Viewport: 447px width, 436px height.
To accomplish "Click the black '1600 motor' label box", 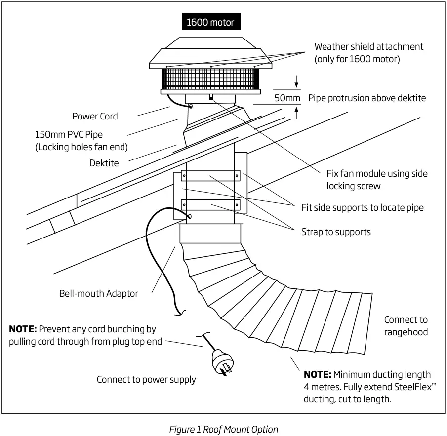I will tap(210, 22).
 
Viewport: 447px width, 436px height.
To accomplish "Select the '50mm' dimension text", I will tap(287, 98).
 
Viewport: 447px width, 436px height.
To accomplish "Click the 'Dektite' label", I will tap(104, 163).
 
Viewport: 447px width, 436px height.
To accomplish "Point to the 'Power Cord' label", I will tap(95, 116).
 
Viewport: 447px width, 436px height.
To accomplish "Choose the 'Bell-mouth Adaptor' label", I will tap(99, 293).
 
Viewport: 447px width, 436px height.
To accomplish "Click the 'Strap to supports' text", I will tap(336, 232).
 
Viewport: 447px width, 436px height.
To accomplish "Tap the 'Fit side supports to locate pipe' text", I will tap(362, 207).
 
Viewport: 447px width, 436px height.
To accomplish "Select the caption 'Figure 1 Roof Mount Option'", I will tap(223, 429).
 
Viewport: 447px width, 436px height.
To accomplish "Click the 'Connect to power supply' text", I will tap(146, 379).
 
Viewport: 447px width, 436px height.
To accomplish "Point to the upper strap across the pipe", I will tap(210, 175).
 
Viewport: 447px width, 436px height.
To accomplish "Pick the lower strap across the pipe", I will tap(210, 204).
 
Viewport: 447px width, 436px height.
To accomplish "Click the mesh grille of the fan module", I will tap(210, 79).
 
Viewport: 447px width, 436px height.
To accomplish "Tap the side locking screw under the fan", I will tap(210, 97).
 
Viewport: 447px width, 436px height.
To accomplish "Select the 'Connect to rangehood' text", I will tap(406, 326).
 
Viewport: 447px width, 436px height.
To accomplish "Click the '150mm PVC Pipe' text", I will tap(69, 134).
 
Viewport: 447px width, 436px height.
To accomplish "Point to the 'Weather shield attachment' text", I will tap(368, 47).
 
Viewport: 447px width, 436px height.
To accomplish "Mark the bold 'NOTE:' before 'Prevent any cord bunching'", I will tap(23, 329).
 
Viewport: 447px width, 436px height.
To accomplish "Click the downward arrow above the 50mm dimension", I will tap(296, 80).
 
